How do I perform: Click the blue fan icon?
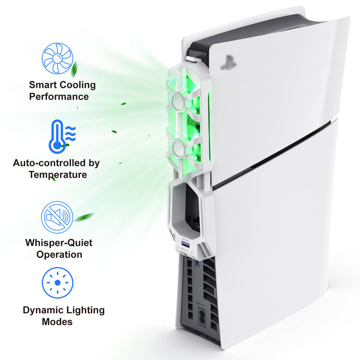57,58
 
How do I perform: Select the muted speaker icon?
57,217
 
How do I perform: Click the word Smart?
44,85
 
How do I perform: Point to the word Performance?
59,96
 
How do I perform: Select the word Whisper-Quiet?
59,243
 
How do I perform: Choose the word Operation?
59,254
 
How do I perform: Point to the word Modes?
57,322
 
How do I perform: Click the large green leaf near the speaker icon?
84,217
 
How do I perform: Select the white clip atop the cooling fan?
192,58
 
